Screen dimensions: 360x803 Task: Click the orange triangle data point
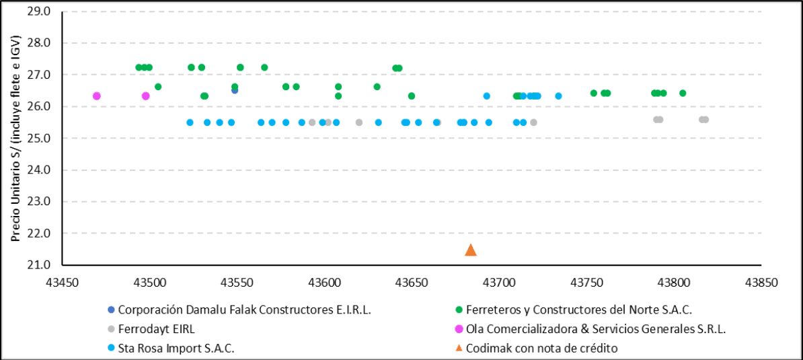coord(471,250)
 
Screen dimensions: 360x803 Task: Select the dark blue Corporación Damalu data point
coord(235,90)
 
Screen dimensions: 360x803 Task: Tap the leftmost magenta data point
coord(97,96)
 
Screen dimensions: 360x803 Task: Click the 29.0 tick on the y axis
coord(42,11)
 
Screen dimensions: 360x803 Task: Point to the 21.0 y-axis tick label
coord(42,264)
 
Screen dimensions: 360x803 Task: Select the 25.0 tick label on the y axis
coord(42,138)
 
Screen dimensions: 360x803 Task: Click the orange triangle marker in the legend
coord(459,348)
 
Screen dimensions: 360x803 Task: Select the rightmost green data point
coord(683,93)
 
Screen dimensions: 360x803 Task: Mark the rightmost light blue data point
coord(558,96)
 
